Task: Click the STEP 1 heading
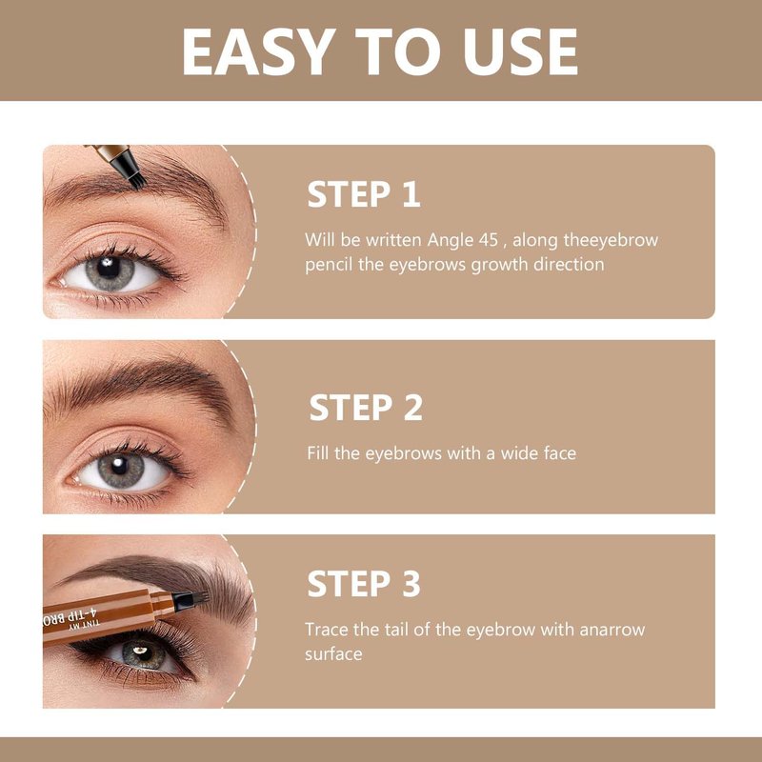click(x=364, y=194)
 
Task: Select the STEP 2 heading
click(x=366, y=408)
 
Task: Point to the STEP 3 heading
click(x=364, y=584)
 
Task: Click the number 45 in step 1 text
click(x=488, y=240)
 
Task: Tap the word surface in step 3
click(x=333, y=654)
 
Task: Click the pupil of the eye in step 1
click(x=108, y=268)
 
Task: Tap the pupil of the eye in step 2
click(x=119, y=464)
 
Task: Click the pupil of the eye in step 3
click(x=141, y=651)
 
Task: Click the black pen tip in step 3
click(x=190, y=600)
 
